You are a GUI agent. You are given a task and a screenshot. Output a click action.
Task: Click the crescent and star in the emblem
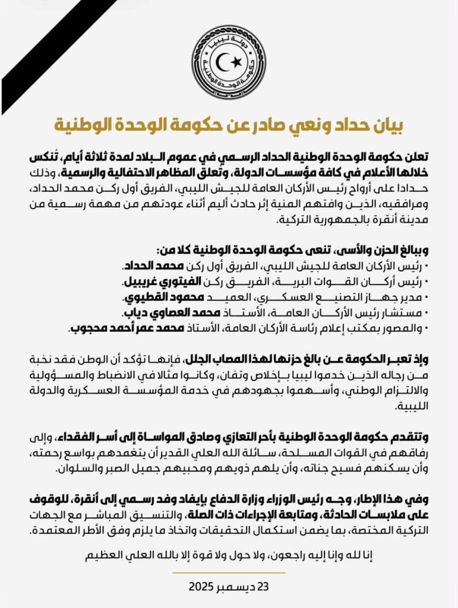point(229,62)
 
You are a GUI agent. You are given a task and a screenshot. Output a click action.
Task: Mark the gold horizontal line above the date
point(229,572)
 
